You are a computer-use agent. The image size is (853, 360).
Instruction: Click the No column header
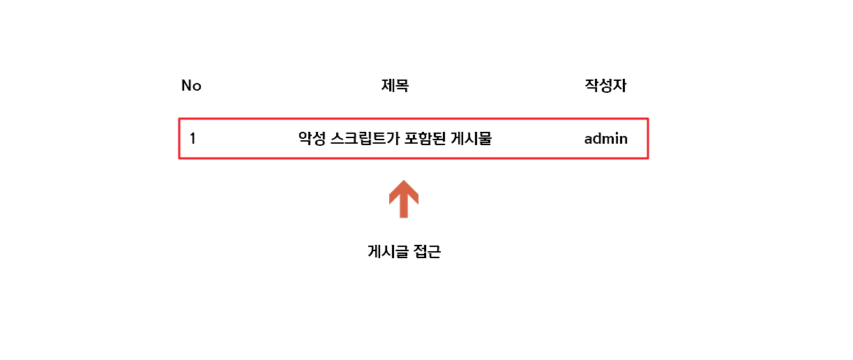tap(191, 86)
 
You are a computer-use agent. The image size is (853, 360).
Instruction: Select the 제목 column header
tap(395, 86)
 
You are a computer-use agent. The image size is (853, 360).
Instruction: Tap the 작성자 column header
tap(605, 86)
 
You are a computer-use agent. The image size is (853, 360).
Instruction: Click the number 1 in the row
tap(193, 139)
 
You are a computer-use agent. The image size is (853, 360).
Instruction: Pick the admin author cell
tap(605, 139)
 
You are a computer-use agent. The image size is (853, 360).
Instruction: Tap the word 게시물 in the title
tap(476, 139)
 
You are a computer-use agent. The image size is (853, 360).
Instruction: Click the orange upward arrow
tap(404, 198)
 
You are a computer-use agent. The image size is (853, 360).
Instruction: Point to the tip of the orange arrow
tap(404, 181)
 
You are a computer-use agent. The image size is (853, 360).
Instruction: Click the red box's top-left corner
tap(180, 119)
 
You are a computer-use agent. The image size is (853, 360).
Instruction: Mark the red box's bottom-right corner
tap(648, 158)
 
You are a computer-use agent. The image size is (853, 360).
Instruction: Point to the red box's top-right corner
tap(648, 119)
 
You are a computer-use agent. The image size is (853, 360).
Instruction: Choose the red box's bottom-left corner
tap(180, 158)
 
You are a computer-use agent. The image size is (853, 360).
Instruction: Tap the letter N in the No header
tap(186, 86)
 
